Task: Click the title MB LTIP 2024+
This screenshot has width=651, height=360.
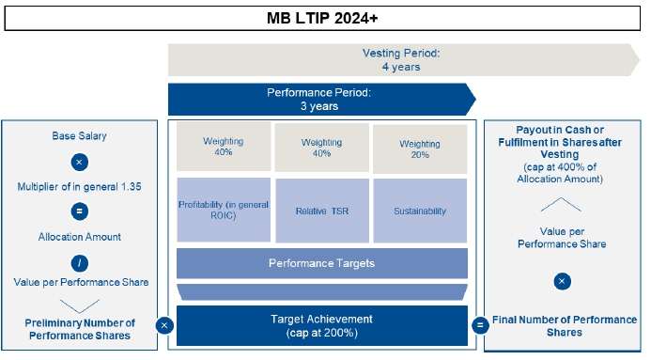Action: tap(322, 18)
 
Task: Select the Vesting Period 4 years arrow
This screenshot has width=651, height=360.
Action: tap(404, 60)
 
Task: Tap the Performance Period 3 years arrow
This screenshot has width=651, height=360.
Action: tap(322, 100)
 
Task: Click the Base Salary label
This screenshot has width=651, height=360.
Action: tap(79, 135)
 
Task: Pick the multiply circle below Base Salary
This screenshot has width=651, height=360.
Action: tap(79, 162)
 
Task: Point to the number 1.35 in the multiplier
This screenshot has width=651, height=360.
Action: tap(131, 186)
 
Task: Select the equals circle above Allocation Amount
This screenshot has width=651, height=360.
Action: tap(79, 211)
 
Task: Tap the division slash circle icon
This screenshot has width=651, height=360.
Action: tap(79, 263)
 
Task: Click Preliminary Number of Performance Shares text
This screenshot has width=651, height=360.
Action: tap(80, 329)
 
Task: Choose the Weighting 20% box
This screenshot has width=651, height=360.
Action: tap(420, 149)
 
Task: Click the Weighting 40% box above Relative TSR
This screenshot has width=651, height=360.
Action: tap(322, 148)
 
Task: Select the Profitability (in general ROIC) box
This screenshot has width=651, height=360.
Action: tap(224, 210)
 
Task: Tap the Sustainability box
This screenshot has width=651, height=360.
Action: tap(420, 211)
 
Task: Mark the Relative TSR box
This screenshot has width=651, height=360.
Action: tap(322, 211)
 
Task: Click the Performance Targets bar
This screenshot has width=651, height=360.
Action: tap(322, 263)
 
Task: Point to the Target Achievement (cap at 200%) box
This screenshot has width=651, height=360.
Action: tap(322, 325)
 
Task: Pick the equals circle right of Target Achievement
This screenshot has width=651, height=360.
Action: tap(480, 324)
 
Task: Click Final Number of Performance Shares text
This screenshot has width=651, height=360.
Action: tap(565, 326)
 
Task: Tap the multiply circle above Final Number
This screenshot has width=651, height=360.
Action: tap(562, 281)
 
